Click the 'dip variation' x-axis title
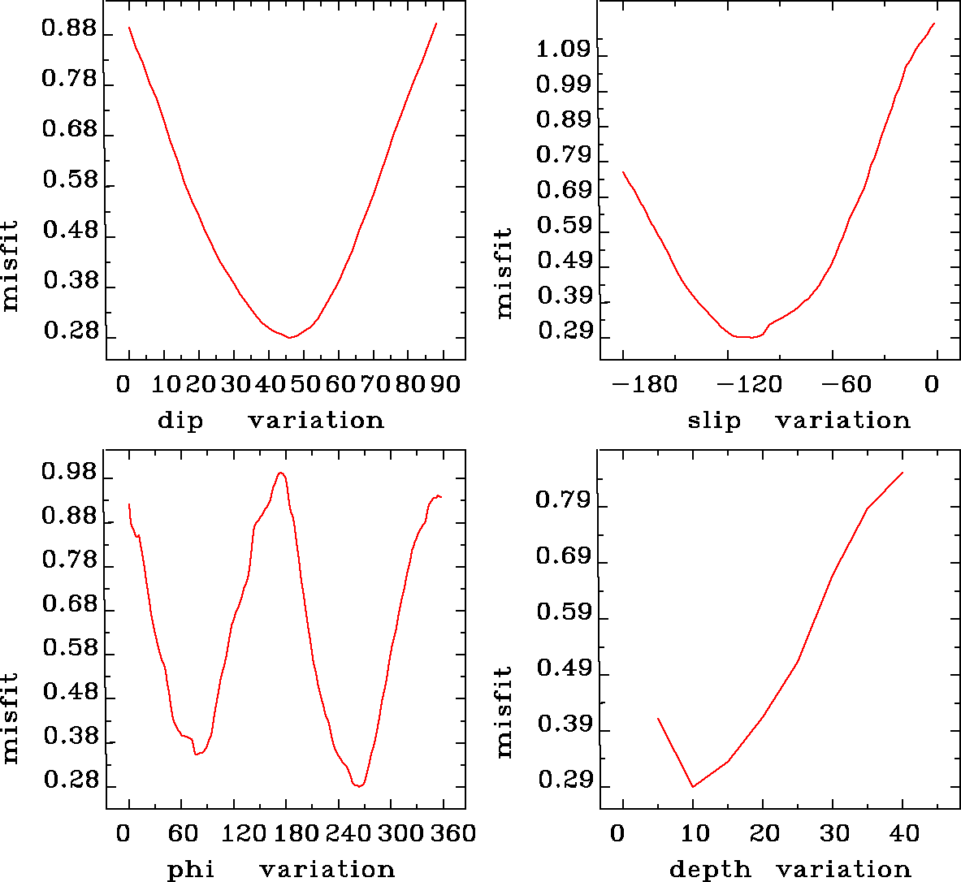pyautogui.click(x=270, y=421)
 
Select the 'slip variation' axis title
pyautogui.click(x=799, y=421)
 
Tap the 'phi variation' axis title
pyautogui.click(x=280, y=870)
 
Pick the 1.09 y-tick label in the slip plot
pyautogui.click(x=564, y=50)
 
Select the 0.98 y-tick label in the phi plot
pyautogui.click(x=69, y=473)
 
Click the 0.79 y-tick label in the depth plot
pyautogui.click(x=564, y=500)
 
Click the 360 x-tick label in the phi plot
pyautogui.click(x=450, y=833)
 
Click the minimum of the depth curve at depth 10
pyautogui.click(x=693, y=786)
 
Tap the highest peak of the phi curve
pyautogui.click(x=280, y=473)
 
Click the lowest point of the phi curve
pyautogui.click(x=358, y=786)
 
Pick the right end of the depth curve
pyautogui.click(x=903, y=473)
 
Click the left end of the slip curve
pyautogui.click(x=623, y=172)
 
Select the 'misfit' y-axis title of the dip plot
pyautogui.click(x=11, y=266)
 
